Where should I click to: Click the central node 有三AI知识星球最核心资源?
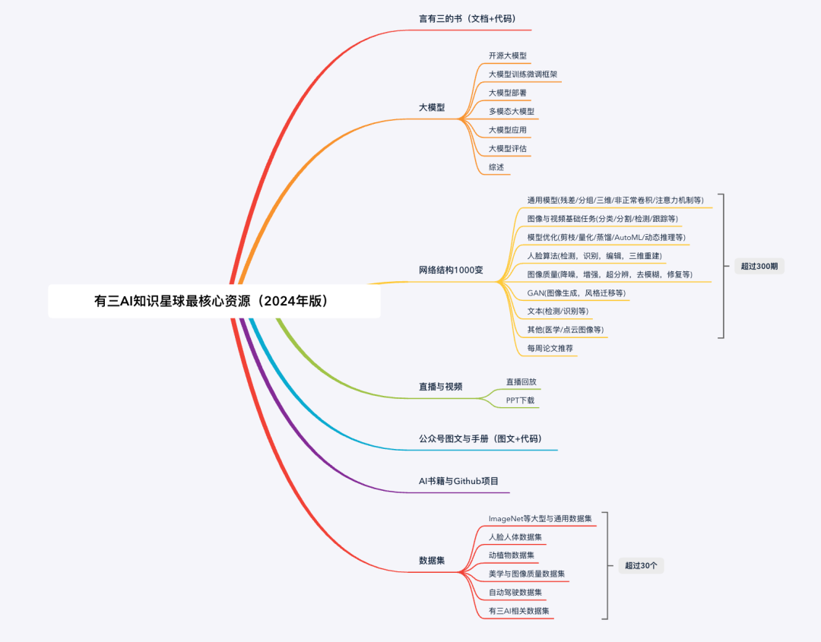tap(214, 301)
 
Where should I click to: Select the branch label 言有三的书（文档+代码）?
tap(468, 18)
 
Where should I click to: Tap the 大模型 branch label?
tap(432, 108)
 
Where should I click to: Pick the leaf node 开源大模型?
tap(508, 56)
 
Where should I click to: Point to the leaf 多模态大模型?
tap(512, 112)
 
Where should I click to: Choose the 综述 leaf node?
tap(496, 167)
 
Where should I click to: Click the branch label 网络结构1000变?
tap(451, 270)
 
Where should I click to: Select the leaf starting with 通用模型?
tap(615, 201)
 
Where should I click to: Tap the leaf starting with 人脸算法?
tap(594, 255)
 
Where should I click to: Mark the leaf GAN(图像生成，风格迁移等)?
tap(576, 293)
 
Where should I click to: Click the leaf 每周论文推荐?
tap(550, 348)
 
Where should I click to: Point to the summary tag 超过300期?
tap(759, 266)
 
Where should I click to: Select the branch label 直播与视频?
tap(441, 387)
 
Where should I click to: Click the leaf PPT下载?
tap(521, 400)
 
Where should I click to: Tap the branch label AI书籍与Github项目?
tap(458, 481)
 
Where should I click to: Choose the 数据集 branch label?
tap(432, 561)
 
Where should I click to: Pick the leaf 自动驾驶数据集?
tap(515, 592)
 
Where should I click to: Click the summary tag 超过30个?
tap(641, 565)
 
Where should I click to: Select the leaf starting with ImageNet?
tap(540, 518)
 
